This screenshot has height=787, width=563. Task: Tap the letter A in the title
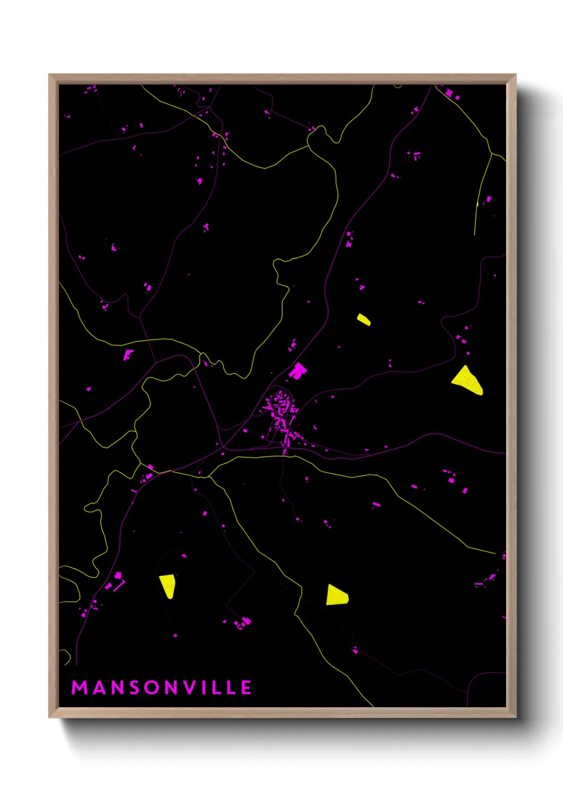point(98,688)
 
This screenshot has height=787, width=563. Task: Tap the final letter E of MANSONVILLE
point(246,688)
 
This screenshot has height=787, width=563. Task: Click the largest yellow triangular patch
point(467,381)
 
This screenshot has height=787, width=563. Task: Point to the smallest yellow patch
point(364,320)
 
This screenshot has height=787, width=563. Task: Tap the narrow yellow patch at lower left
point(168,585)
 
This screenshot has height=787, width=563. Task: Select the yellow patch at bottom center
point(336,595)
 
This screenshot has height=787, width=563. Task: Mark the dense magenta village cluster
point(282,417)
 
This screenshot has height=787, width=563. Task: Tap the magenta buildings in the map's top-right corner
point(451,94)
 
